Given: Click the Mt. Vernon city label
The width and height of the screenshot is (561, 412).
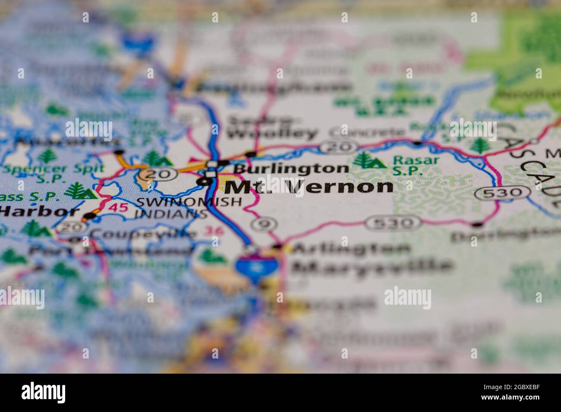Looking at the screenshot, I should [x=309, y=187].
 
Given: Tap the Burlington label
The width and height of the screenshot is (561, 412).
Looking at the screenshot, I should [x=291, y=168].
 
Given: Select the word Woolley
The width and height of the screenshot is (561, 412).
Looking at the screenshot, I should [x=272, y=134].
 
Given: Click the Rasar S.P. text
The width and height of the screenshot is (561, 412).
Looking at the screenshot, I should [x=415, y=165].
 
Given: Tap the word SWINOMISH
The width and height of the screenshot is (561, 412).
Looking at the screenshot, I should [x=189, y=202].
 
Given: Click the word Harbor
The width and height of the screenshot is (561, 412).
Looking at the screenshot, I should [x=40, y=212].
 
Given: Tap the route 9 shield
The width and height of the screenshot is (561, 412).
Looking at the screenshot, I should [x=262, y=224].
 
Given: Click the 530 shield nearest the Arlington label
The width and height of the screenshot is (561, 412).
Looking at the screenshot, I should [x=393, y=223].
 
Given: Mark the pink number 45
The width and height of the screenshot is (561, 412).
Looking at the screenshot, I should [x=118, y=207].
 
